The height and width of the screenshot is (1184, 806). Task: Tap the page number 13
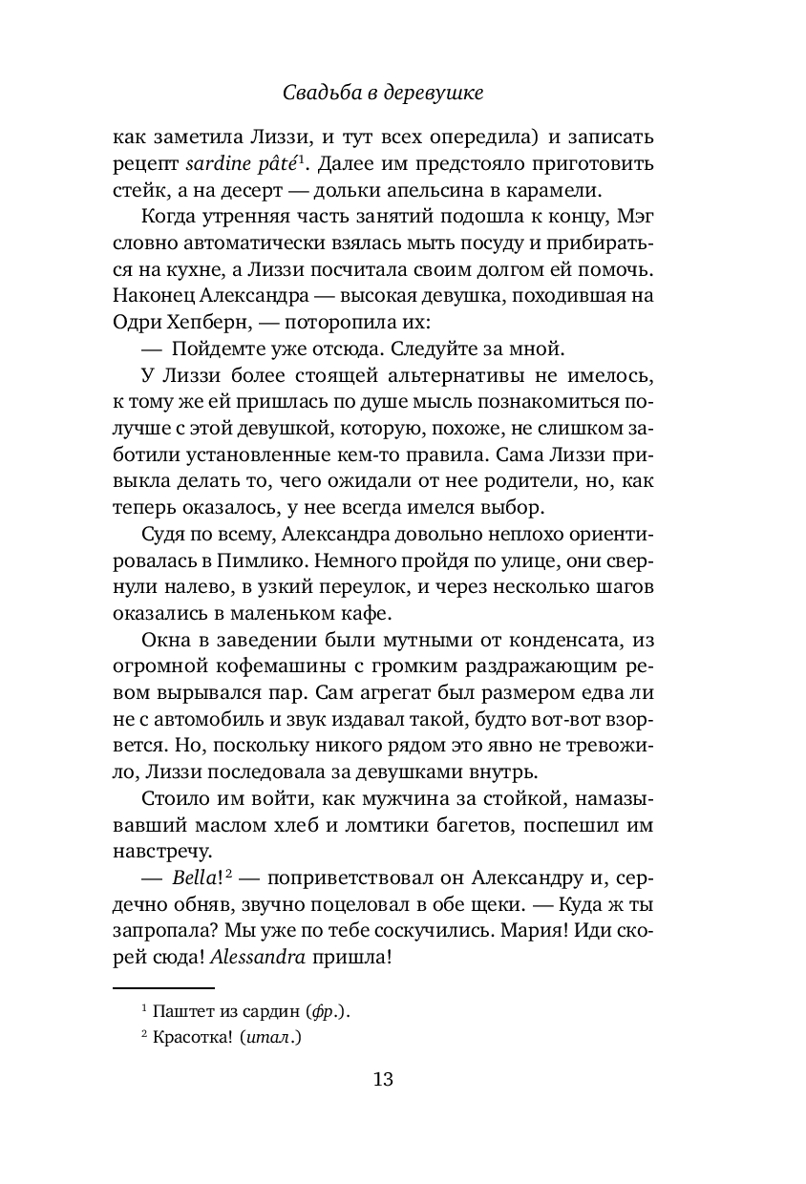click(383, 1080)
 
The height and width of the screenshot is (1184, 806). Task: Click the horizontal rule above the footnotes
click(163, 988)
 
